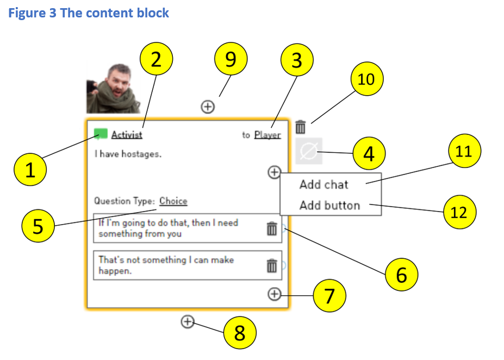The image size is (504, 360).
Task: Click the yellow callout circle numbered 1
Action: [x=30, y=170]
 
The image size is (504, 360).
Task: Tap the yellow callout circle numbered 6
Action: [x=401, y=275]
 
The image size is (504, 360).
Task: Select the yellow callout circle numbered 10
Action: [x=366, y=79]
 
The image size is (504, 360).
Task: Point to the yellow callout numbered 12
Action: [x=459, y=212]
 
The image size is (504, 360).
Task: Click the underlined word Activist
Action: [x=127, y=135]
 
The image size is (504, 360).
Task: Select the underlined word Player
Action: [x=267, y=135]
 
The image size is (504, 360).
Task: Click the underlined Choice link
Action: [x=173, y=201]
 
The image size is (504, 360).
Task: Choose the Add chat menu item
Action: [x=324, y=184]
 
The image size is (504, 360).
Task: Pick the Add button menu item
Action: [x=329, y=206]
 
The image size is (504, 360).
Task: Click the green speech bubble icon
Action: [x=101, y=134]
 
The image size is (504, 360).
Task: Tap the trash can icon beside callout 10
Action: [x=301, y=128]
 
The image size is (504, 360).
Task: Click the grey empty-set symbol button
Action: [x=309, y=152]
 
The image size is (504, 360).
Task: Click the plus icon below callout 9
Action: [x=207, y=107]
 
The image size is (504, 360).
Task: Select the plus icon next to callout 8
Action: [x=187, y=322]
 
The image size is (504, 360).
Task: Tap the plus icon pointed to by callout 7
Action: [x=275, y=294]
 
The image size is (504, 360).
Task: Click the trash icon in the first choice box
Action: [x=272, y=229]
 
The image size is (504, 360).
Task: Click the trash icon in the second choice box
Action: [x=272, y=265]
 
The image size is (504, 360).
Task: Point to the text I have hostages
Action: [x=128, y=154]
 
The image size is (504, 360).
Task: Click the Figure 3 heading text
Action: [x=89, y=13]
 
